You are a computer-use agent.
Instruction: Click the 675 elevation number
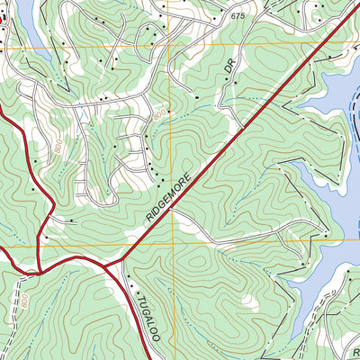point(238,17)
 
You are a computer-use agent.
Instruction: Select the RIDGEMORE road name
point(170,195)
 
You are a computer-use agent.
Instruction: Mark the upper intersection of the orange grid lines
point(169,43)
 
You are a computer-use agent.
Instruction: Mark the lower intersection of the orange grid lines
point(169,242)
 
